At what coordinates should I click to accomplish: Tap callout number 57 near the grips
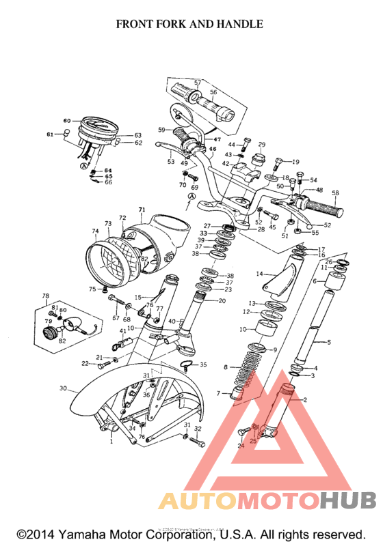point(197,83)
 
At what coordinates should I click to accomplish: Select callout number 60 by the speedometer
point(67,121)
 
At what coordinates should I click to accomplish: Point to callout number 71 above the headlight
point(142,209)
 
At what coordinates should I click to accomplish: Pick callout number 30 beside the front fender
point(63,388)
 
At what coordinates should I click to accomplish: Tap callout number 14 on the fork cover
point(259,274)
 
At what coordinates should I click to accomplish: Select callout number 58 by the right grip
point(335,193)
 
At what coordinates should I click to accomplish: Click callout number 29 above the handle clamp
point(261,145)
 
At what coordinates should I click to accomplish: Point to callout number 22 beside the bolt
point(85,363)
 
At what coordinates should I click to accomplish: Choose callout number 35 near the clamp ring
point(202,365)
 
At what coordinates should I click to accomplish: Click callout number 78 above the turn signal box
point(46,296)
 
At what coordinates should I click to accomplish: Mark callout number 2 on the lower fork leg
point(305,400)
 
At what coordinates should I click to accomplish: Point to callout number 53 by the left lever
point(171,162)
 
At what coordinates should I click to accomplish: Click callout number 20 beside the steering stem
point(222,300)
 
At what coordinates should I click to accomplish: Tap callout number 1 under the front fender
point(111,442)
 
